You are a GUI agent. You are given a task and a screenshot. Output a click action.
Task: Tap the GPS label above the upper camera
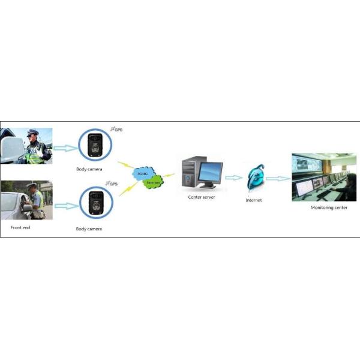click(118, 130)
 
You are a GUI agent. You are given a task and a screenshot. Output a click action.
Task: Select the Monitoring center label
click(326, 208)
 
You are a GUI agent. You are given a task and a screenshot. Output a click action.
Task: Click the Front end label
click(20, 228)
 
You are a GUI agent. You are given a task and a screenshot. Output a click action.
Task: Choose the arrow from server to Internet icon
click(233, 178)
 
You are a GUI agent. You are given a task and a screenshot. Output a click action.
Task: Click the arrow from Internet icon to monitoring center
click(277, 178)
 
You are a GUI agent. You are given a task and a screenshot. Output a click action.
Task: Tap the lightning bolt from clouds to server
click(170, 175)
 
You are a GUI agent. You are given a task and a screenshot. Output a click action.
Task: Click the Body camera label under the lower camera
click(89, 229)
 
